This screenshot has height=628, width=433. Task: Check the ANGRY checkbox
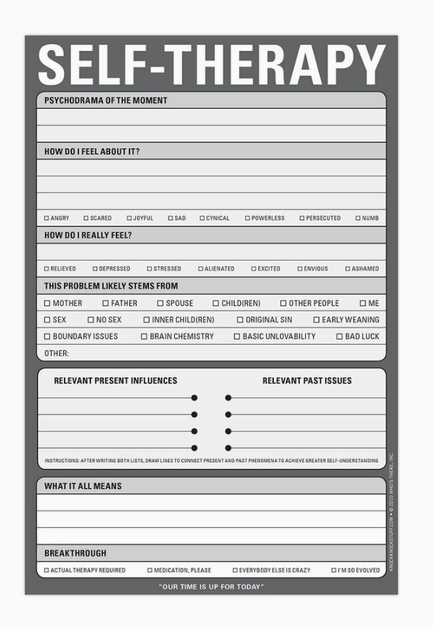pos(46,218)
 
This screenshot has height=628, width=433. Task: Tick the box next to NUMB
pos(358,218)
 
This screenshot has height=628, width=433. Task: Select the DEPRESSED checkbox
pos(95,269)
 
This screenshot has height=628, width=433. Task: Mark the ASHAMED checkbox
pos(348,269)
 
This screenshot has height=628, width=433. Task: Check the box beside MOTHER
pos(47,303)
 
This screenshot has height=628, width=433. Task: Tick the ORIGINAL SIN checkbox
pos(240,320)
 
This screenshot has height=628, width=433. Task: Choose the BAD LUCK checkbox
pos(339,337)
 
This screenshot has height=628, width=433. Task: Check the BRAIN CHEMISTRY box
pos(144,337)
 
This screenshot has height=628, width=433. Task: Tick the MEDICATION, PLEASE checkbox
pos(150,571)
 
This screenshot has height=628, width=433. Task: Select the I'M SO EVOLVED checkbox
pos(334,571)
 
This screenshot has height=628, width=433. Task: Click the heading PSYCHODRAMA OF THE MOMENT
pos(105,100)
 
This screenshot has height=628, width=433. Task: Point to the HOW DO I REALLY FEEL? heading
pos(88,235)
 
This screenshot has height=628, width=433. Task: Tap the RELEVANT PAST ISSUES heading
pos(307,380)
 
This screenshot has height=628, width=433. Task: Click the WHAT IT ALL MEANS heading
pos(83,486)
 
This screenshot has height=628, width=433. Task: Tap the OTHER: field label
pos(57,354)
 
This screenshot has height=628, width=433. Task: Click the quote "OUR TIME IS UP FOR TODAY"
pos(211,587)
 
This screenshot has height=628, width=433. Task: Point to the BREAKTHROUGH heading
pos(75,553)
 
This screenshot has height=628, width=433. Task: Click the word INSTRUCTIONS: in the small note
pos(61,461)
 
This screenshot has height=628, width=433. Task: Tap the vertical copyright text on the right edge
pos(392,515)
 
